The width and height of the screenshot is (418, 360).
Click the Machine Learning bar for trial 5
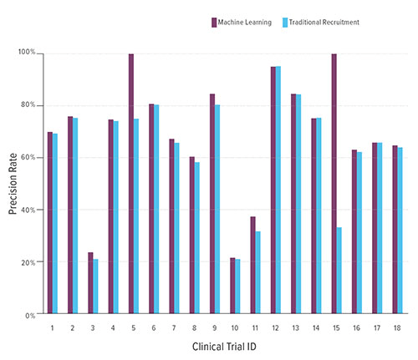(x=131, y=184)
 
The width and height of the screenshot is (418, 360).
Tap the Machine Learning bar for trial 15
(x=334, y=184)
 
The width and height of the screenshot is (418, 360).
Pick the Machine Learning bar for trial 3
(x=90, y=283)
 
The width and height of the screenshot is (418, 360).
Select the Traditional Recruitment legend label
(x=325, y=22)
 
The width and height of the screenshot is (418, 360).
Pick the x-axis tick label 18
(x=396, y=328)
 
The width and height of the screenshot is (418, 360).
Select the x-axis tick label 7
(x=173, y=328)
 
